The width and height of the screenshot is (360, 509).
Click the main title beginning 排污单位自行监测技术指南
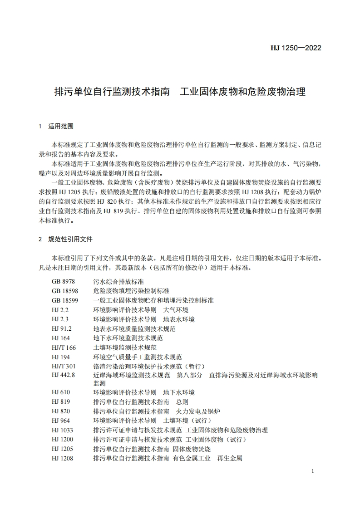pyautogui.click(x=179, y=92)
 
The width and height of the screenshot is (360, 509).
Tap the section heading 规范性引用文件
pyautogui.click(x=70, y=239)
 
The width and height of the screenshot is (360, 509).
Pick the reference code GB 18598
pyautogui.click(x=64, y=291)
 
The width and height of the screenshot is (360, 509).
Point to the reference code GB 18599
pyautogui.click(x=64, y=300)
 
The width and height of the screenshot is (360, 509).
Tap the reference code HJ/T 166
pyautogui.click(x=64, y=347)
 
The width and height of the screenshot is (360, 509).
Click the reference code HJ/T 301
pyautogui.click(x=64, y=366)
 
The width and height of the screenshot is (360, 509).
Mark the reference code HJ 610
pyautogui.click(x=61, y=392)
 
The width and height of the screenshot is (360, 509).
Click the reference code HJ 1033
pyautogui.click(x=62, y=430)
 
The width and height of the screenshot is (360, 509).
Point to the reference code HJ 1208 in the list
pyautogui.click(x=62, y=458)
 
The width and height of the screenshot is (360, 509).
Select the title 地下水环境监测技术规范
pyautogui.click(x=128, y=338)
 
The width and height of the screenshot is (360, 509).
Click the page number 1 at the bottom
pyautogui.click(x=313, y=472)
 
